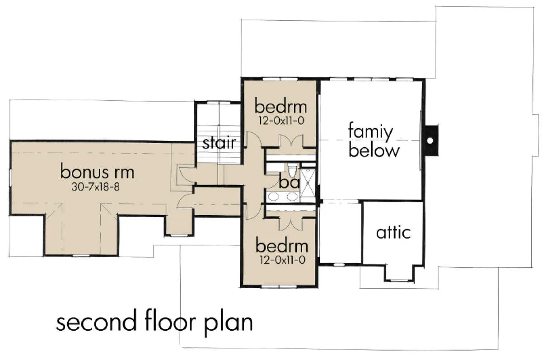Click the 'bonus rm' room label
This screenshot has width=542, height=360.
97,171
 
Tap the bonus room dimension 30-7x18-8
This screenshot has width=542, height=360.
96,187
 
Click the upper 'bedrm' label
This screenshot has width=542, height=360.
280,107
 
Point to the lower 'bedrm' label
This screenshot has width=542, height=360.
282,246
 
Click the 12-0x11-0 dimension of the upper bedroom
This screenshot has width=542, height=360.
281,121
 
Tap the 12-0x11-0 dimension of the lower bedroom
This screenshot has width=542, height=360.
282,260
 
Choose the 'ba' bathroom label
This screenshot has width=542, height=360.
289,182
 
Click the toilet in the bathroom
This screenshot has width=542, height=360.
293,170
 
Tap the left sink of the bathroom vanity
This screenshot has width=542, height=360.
273,196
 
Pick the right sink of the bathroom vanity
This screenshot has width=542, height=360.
292,196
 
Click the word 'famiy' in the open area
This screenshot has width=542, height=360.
370,132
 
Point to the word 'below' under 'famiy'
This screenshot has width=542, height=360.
374,150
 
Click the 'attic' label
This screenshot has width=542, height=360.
393,232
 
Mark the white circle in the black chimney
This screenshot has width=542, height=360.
430,140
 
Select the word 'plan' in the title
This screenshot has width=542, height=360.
229,324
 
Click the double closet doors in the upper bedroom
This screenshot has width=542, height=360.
291,141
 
